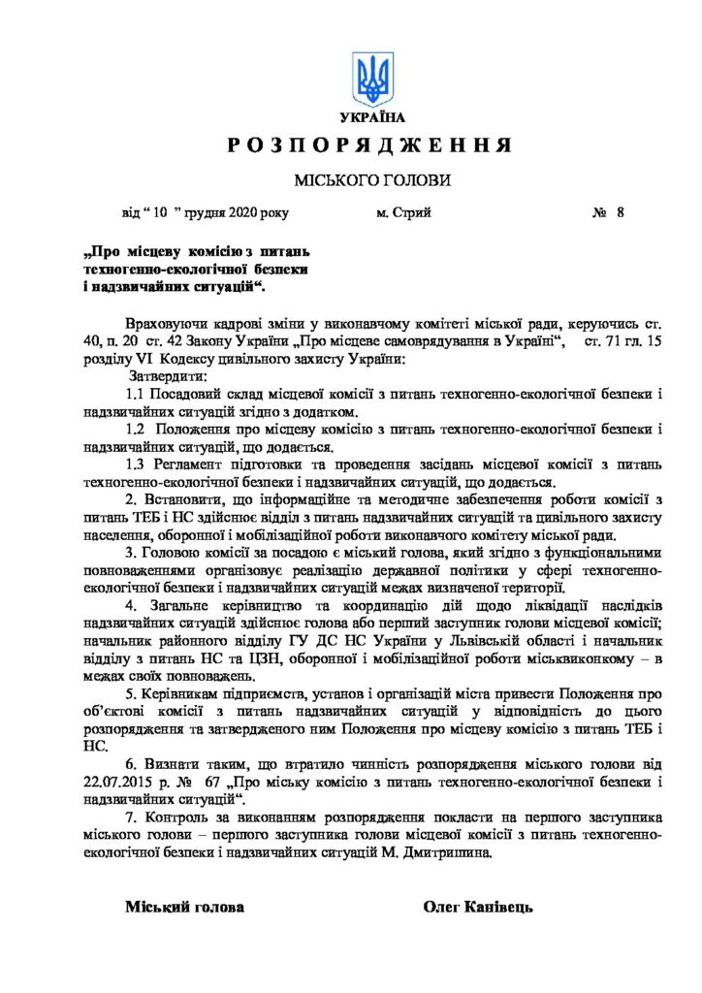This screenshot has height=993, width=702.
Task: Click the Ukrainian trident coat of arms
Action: point(373,79)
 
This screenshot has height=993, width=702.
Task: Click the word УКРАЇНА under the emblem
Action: point(373,118)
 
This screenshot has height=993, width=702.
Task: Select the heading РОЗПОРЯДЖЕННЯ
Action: point(370,146)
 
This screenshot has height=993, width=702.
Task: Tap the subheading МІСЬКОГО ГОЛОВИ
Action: point(373,181)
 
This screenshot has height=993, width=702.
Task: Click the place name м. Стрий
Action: point(403,212)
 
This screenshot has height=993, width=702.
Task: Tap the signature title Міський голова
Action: point(184,908)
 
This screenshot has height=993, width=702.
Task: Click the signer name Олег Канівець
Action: point(478,908)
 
